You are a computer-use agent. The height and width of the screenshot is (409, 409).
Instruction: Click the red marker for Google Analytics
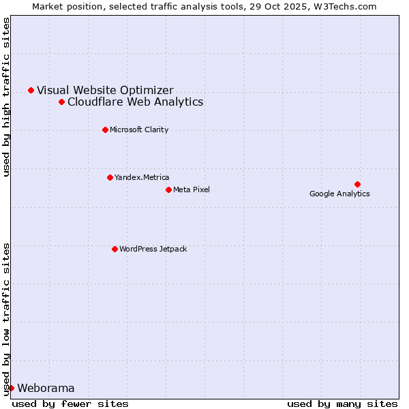[x=357, y=184]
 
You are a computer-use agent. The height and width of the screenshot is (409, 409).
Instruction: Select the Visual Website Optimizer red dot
[x=31, y=90]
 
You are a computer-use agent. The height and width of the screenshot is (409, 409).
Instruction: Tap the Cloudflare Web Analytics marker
[x=61, y=102]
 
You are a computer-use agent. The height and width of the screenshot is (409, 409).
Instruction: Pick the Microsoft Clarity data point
[x=105, y=130]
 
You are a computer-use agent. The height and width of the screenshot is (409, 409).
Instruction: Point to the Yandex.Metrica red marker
[x=110, y=177]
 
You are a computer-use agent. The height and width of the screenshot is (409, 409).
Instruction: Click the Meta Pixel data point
[x=168, y=190]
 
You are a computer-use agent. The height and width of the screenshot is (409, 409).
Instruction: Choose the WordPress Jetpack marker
[x=115, y=249]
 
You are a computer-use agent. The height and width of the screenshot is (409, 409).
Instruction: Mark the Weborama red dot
[x=11, y=388]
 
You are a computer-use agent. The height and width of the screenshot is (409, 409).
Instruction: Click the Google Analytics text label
[x=339, y=194]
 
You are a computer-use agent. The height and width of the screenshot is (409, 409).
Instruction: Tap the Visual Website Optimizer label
[x=105, y=90]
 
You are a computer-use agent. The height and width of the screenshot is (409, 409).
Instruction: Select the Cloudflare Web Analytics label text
[x=135, y=102]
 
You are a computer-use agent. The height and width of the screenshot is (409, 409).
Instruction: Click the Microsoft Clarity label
[x=139, y=130]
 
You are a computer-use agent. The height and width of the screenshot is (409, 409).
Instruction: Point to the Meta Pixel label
[x=192, y=190]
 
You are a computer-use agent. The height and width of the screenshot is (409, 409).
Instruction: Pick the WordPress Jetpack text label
[x=153, y=249]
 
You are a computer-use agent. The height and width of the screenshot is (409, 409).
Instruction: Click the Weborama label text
[x=46, y=388]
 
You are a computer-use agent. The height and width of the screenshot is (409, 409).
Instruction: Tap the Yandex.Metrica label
[x=142, y=177]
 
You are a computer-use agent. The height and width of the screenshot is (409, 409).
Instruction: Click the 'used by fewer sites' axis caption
[x=70, y=404]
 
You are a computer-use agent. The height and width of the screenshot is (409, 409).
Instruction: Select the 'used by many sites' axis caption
[x=342, y=404]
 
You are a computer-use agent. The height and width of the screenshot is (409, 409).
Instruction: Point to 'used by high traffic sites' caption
[x=7, y=97]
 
